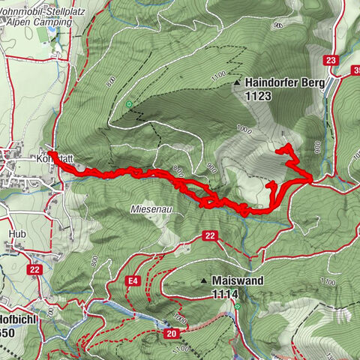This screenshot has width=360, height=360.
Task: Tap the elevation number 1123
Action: (256, 95)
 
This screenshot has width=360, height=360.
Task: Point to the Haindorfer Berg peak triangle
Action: (238, 82)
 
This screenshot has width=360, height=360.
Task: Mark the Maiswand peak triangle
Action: (203, 280)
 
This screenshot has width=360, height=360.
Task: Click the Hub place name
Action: (16, 233)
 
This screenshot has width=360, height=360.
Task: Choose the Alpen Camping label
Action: (37, 22)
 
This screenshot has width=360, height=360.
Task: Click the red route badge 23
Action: (331, 61)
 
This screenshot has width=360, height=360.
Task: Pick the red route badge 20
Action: (172, 333)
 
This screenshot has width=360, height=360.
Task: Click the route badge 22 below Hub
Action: (34, 269)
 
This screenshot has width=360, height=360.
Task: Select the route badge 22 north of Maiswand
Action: (209, 236)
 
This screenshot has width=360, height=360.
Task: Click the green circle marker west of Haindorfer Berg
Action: (129, 104)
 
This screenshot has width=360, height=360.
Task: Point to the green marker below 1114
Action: (237, 306)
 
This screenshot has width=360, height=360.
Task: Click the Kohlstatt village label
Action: (52, 159)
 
